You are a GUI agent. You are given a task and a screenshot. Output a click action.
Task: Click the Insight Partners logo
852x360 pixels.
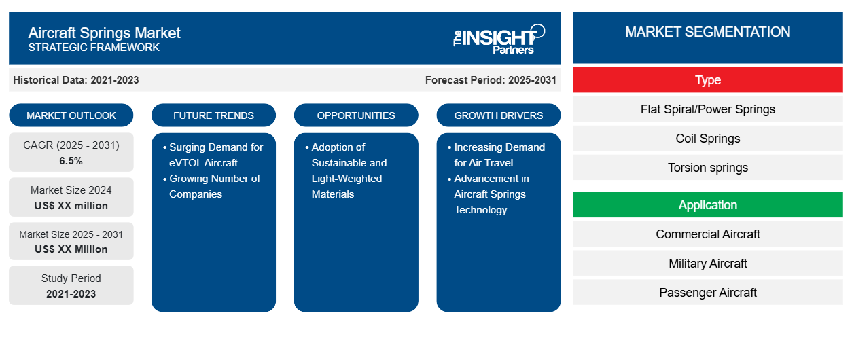point(499,39)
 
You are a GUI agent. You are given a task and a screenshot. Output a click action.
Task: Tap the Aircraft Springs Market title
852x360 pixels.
point(104,33)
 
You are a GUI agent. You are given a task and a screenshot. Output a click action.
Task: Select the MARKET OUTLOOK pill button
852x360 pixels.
point(71,115)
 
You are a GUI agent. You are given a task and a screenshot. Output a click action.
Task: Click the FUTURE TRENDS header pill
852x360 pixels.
point(213,115)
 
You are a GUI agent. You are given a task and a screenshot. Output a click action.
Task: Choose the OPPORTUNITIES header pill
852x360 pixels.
point(356,115)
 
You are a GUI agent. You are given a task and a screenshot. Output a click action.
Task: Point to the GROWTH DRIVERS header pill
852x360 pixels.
point(498,115)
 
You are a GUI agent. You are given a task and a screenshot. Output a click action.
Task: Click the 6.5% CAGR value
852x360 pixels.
point(71,161)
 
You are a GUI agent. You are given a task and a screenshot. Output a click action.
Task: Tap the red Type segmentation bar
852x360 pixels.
point(707,80)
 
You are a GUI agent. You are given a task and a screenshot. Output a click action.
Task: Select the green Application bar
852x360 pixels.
point(707,205)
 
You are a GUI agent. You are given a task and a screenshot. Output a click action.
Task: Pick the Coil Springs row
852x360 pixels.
point(707,139)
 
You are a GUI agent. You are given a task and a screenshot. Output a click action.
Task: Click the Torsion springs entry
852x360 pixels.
point(707,168)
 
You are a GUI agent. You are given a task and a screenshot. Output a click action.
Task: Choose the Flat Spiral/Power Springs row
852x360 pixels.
point(707,109)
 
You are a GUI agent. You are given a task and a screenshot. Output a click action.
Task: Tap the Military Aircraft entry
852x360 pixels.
point(707,263)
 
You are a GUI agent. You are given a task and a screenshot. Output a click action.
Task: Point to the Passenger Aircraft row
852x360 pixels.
point(707,292)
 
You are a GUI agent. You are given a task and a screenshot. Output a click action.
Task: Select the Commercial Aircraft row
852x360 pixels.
point(707,234)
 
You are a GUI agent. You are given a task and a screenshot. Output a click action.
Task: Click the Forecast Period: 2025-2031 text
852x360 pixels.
point(491,80)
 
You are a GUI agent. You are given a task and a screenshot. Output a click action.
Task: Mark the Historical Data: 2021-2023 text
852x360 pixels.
point(76,80)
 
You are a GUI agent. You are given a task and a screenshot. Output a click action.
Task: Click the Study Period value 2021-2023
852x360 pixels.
point(71,294)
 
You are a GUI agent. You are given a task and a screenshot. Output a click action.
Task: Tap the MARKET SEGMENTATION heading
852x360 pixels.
point(707,32)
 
